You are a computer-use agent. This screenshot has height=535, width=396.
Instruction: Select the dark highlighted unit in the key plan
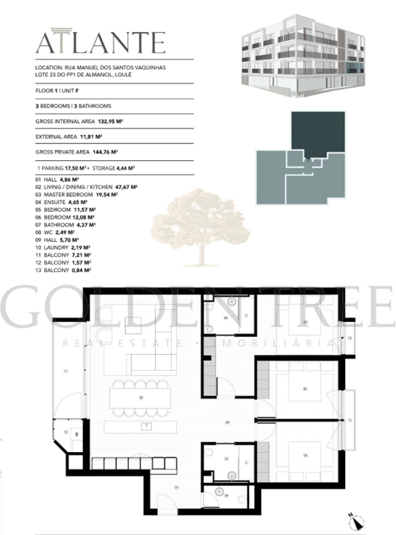[318, 132]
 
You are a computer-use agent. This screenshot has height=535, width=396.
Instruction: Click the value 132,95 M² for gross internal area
[110, 122]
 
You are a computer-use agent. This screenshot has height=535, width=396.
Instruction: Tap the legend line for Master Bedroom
[76, 195]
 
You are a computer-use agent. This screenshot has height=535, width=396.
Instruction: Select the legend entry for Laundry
[63, 248]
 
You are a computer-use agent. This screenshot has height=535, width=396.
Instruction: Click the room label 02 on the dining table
[141, 398]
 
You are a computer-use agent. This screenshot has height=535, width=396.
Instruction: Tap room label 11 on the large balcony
[66, 371]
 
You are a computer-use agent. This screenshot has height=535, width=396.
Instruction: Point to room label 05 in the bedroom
[305, 389]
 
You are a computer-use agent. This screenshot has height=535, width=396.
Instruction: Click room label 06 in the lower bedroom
[306, 455]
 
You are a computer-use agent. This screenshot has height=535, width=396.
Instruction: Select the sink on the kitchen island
[146, 427]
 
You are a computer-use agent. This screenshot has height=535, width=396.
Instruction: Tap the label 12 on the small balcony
[350, 338]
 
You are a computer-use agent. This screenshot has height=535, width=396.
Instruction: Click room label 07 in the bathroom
[226, 459]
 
